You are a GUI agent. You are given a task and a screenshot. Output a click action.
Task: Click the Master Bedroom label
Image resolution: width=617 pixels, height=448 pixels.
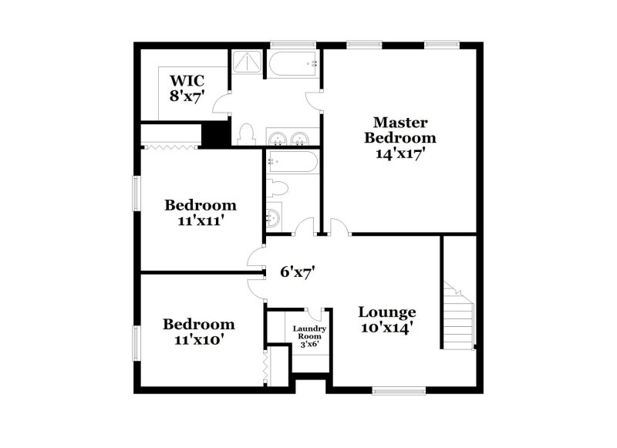tap(400, 130)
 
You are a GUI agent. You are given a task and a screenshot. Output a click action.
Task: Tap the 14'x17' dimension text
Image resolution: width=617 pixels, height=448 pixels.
tap(400, 153)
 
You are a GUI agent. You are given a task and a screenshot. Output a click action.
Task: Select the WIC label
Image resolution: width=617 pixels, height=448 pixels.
tap(187, 81)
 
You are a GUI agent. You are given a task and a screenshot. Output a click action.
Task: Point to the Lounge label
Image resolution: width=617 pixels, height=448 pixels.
tap(387, 312)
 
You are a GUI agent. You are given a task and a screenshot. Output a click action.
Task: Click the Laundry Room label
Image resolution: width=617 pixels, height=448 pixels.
tap(309, 332)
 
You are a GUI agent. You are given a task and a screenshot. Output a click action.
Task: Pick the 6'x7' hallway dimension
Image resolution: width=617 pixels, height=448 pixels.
tap(298, 271)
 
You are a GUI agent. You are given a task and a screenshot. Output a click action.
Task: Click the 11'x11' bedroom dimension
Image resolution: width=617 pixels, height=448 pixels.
tap(201, 221)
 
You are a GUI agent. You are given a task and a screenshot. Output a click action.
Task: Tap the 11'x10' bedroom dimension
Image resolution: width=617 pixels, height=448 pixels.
tap(199, 339)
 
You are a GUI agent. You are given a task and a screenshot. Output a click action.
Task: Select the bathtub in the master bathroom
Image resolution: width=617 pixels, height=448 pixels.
tap(293, 63)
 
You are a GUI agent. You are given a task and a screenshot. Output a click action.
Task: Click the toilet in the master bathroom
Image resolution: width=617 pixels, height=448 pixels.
tap(247, 134)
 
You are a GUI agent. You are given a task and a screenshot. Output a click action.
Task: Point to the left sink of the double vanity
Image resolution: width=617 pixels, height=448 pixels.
tap(278, 139)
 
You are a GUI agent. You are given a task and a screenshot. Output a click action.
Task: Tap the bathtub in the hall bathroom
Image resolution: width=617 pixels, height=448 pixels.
tap(292, 161)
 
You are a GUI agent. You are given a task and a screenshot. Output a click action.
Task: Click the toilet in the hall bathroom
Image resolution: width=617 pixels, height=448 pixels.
tap(277, 188)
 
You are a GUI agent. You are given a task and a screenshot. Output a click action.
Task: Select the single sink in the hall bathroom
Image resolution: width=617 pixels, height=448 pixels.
tap(273, 217)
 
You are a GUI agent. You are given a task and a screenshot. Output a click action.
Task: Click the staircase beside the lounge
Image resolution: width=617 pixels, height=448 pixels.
tap(459, 316)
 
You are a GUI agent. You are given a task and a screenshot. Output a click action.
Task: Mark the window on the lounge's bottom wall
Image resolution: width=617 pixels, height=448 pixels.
tap(399, 391)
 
